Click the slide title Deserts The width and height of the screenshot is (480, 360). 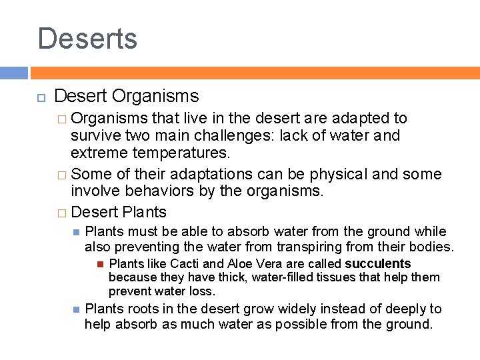click(87, 38)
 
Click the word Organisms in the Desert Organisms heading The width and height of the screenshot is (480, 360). click(155, 96)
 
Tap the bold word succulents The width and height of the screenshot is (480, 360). click(377, 263)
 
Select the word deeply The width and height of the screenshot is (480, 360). click(404, 309)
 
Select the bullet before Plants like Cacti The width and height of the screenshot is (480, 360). click(100, 264)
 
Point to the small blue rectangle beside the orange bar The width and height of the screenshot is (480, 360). click(13, 73)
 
